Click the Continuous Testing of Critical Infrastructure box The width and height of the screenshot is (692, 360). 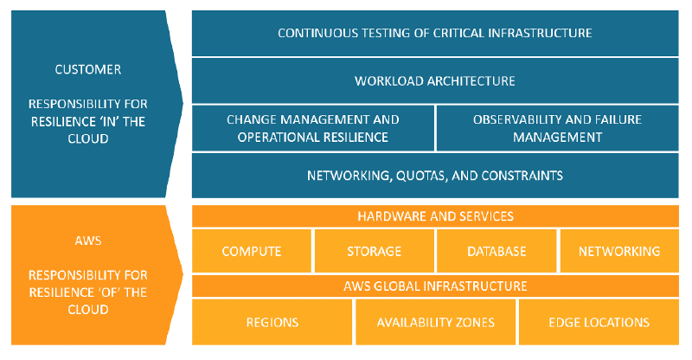[435, 33]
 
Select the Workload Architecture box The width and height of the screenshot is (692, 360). [435, 80]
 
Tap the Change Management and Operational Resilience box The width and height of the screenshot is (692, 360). [313, 128]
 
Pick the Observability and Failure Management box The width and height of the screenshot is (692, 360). [557, 128]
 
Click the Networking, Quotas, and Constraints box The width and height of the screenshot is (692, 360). [435, 176]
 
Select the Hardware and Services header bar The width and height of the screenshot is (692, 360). [435, 216]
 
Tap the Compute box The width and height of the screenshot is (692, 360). [252, 251]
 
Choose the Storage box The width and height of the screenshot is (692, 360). [375, 251]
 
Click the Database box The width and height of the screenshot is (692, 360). [497, 251]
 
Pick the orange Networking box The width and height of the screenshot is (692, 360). [619, 251]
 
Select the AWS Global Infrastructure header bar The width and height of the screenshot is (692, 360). [435, 286]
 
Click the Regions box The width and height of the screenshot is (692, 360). [272, 322]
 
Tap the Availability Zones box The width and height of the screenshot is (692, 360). [436, 322]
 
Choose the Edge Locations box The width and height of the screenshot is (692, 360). [599, 322]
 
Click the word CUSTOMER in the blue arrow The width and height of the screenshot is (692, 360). [88, 69]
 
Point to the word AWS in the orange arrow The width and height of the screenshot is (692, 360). [88, 241]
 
